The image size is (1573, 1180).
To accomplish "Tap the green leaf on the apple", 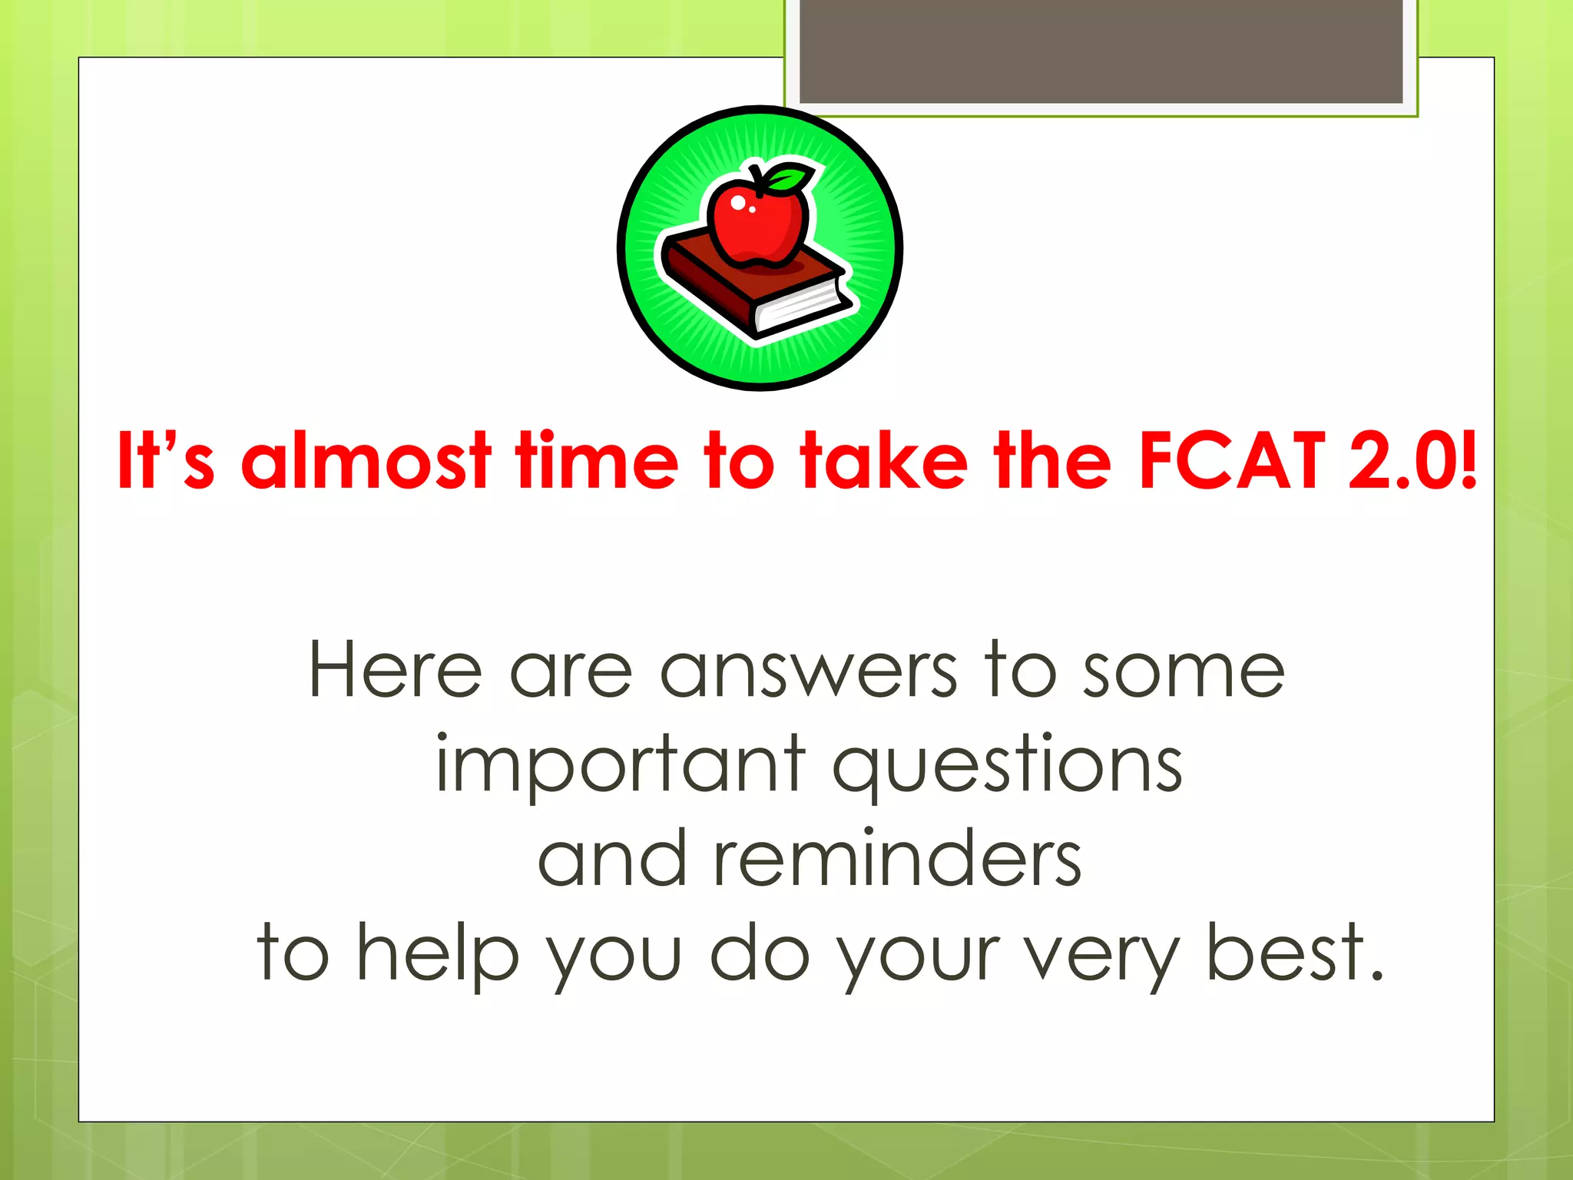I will click(791, 178).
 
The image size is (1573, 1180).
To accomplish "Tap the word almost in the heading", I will click(366, 461).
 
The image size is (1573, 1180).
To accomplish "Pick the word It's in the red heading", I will click(165, 461).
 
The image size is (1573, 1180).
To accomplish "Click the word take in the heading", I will click(883, 461).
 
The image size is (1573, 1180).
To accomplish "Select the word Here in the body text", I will click(395, 670).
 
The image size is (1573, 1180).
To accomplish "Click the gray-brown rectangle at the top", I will click(1101, 51).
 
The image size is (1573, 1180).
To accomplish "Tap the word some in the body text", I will click(1183, 670).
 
